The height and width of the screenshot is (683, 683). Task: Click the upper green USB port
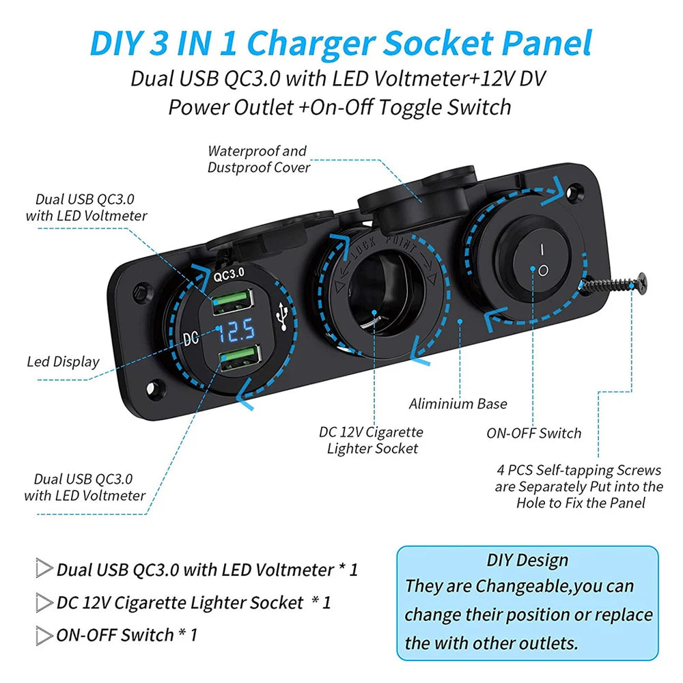(233, 301)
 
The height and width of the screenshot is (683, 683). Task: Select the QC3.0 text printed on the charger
(229, 275)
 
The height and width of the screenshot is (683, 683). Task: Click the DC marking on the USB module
(191, 338)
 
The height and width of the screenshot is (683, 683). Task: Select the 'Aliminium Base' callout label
(458, 404)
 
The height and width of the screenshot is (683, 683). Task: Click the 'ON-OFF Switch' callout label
(534, 434)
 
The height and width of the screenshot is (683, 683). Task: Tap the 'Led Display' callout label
(63, 361)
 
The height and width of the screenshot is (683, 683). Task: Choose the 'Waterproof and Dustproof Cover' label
(259, 159)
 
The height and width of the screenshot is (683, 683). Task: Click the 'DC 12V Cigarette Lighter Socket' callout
(371, 440)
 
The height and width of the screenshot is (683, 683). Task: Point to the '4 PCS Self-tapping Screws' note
(579, 486)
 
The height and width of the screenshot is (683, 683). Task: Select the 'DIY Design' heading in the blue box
(527, 560)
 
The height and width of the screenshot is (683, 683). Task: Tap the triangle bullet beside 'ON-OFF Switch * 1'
(44, 635)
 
